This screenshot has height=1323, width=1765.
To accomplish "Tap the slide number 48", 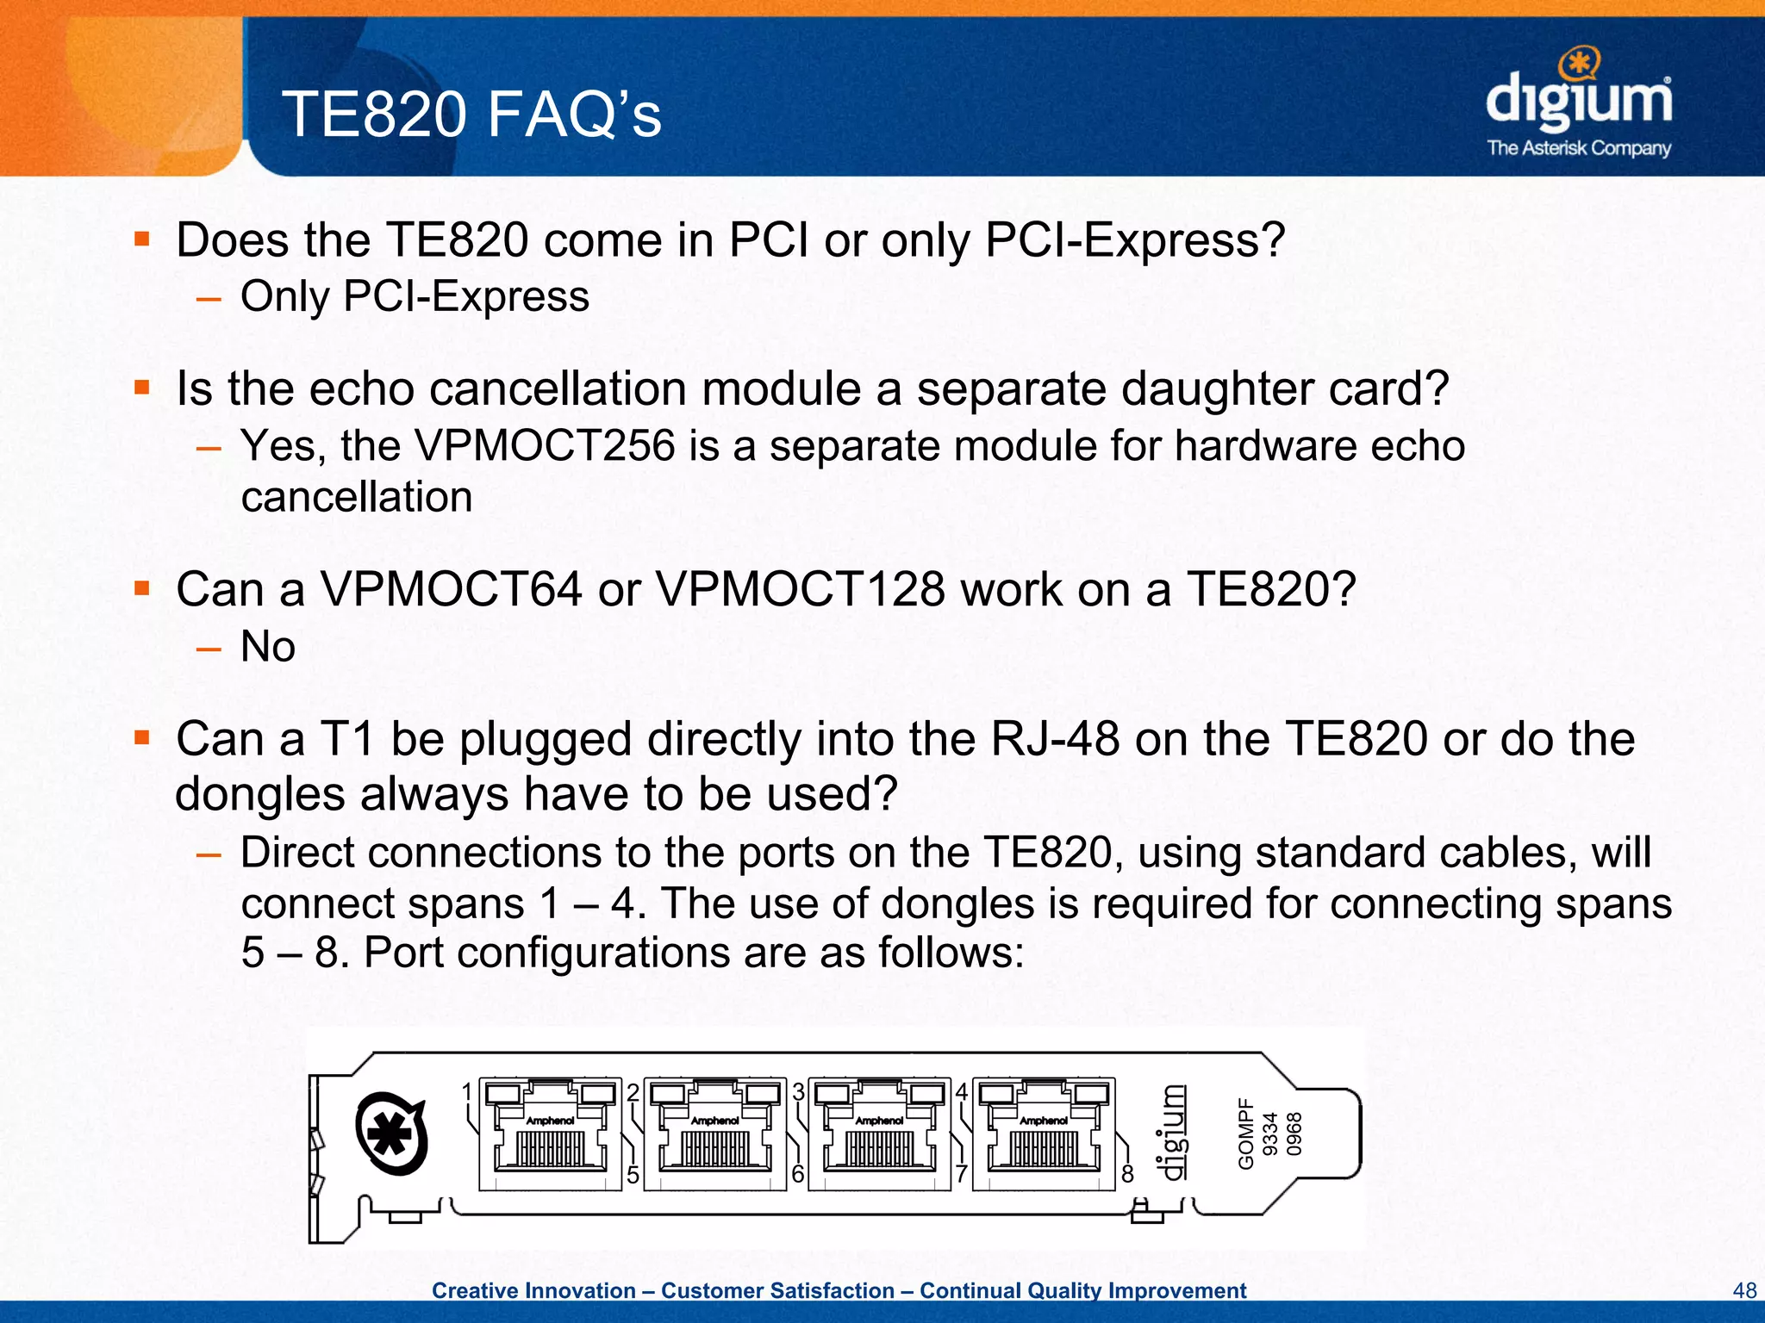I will pos(1743,1290).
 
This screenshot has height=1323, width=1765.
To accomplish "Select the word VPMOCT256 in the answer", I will pos(545,446).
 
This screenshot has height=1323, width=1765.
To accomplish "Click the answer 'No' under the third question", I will pos(268,646).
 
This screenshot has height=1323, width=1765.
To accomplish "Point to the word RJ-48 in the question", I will pos(1055,739).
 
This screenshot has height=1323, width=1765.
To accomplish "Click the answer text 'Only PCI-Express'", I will pos(415,296).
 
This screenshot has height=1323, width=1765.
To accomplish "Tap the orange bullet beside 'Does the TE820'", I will pos(142,238).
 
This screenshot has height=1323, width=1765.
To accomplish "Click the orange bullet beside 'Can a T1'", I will pos(142,737).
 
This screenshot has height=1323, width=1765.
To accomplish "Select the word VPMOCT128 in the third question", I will pos(800,590).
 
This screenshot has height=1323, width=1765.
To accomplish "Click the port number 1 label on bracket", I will pos(466,1092).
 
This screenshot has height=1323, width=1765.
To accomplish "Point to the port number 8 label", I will pos(1127,1174).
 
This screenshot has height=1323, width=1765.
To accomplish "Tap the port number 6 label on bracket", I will pos(798,1174).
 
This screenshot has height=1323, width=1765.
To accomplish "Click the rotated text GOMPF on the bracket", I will pos(1245,1134).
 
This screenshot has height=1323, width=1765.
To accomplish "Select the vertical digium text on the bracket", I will pos(1172,1134).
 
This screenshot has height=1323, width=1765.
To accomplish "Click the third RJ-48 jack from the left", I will pos(879,1134).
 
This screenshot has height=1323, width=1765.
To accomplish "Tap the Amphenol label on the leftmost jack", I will pos(550,1121).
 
